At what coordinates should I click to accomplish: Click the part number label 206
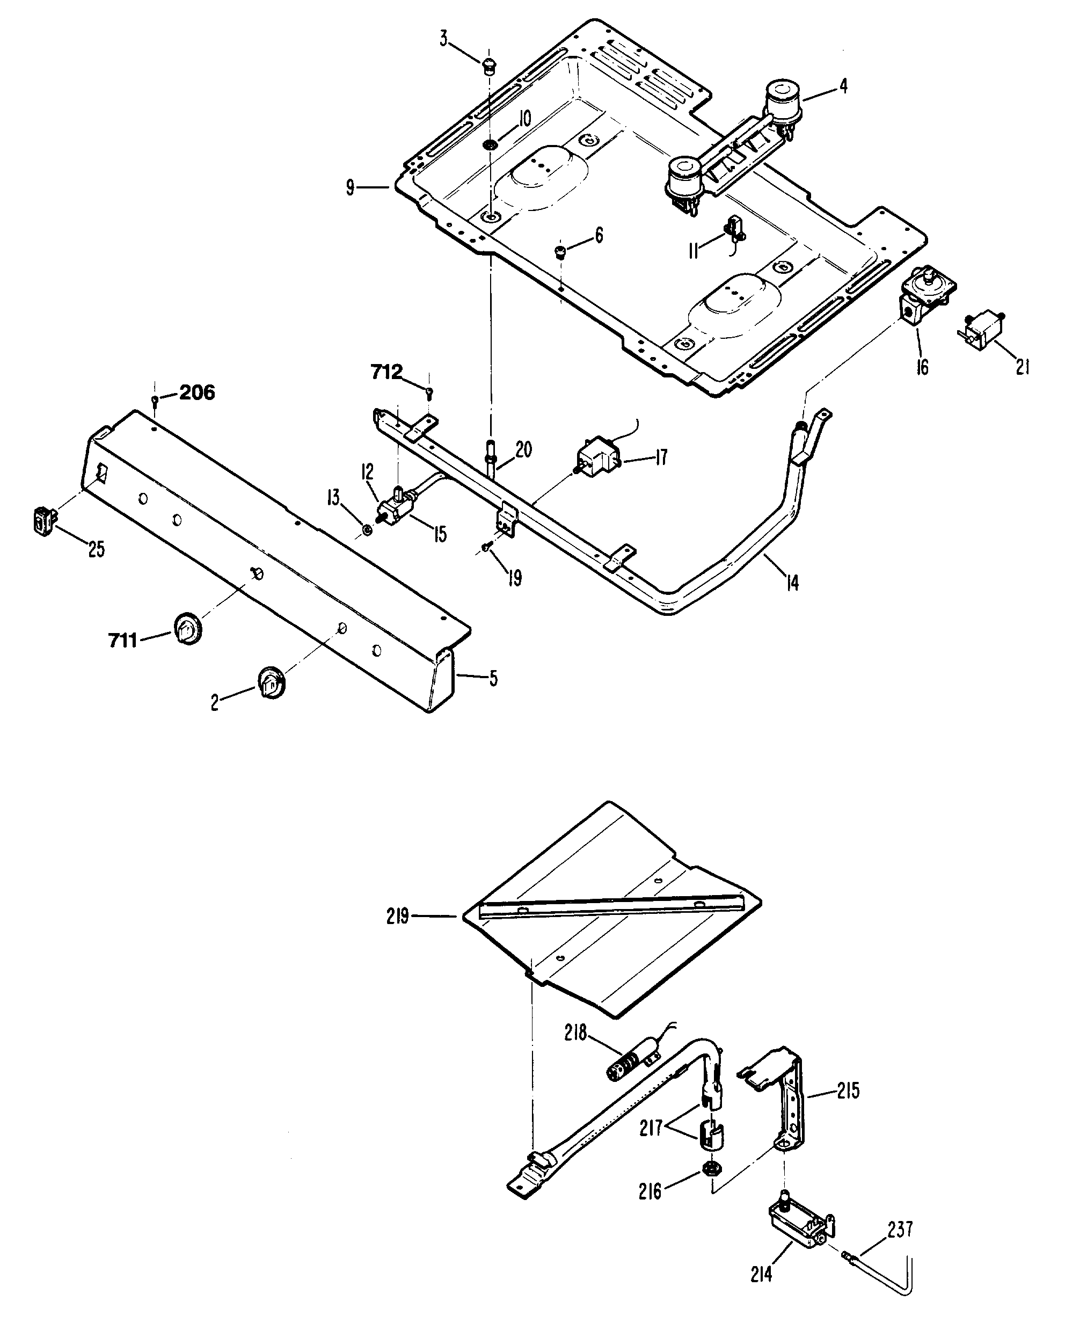tap(197, 392)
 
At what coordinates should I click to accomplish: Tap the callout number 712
tap(386, 372)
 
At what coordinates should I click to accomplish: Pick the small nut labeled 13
tap(367, 529)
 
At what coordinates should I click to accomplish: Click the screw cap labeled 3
tap(489, 65)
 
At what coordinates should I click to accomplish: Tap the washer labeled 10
tap(490, 146)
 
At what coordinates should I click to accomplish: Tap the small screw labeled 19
tap(486, 547)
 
